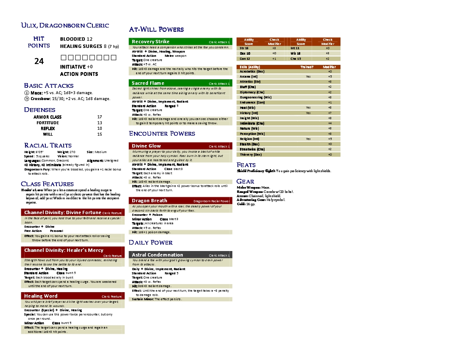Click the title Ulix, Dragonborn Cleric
coord(65,26)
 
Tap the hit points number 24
coord(39,61)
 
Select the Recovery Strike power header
coord(151,42)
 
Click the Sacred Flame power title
coord(148,83)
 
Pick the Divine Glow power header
coord(146,146)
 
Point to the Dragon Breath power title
coord(149,201)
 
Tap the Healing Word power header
coord(41,296)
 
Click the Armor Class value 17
coord(100,117)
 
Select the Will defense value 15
coord(100,134)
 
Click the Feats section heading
coord(246,165)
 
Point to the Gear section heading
coord(246,181)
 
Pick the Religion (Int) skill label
coord(249,139)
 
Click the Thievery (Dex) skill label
coord(251,154)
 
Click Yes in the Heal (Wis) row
coord(308,108)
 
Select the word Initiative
coord(73,67)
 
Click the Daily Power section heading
coord(151,243)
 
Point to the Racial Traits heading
coord(48,145)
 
